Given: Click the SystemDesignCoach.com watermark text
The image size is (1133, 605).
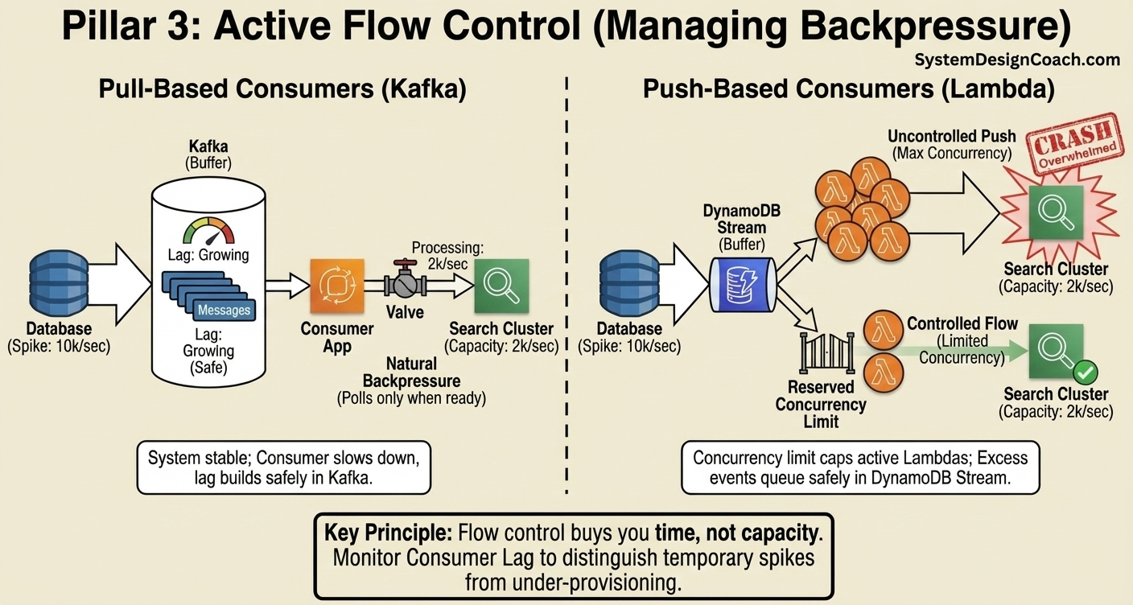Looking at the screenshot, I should [1017, 60].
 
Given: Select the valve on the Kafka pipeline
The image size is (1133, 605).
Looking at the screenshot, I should [404, 282].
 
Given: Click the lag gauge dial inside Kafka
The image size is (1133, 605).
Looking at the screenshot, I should [208, 230].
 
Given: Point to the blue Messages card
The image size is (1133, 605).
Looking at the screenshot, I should [224, 310].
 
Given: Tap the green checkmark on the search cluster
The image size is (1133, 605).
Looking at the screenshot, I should [1086, 372].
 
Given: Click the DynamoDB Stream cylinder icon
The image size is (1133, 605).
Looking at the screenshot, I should [740, 286].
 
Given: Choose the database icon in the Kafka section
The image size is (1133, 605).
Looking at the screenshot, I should [59, 286].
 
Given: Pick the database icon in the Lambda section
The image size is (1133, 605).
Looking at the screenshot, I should [629, 286].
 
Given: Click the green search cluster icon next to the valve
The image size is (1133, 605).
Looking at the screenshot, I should [501, 286].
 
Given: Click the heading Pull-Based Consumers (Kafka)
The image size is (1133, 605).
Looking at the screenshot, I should [282, 89].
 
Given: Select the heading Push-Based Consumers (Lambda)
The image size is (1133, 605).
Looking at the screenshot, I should [848, 89].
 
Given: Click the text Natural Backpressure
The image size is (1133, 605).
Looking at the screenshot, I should [411, 372].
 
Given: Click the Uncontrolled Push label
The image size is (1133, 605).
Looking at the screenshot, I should [952, 136].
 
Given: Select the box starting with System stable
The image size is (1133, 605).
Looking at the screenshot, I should [284, 467].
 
